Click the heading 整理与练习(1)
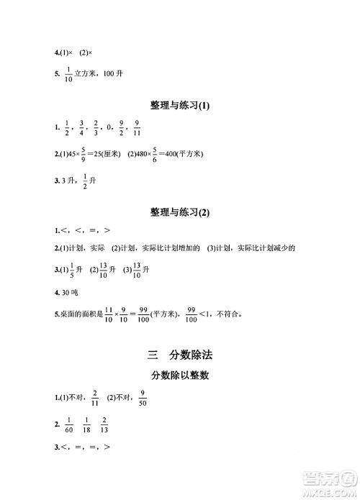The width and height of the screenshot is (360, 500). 180,106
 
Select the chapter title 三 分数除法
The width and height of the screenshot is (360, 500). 180,354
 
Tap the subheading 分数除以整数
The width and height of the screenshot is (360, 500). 180,375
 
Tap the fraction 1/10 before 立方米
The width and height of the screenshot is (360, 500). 69,75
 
